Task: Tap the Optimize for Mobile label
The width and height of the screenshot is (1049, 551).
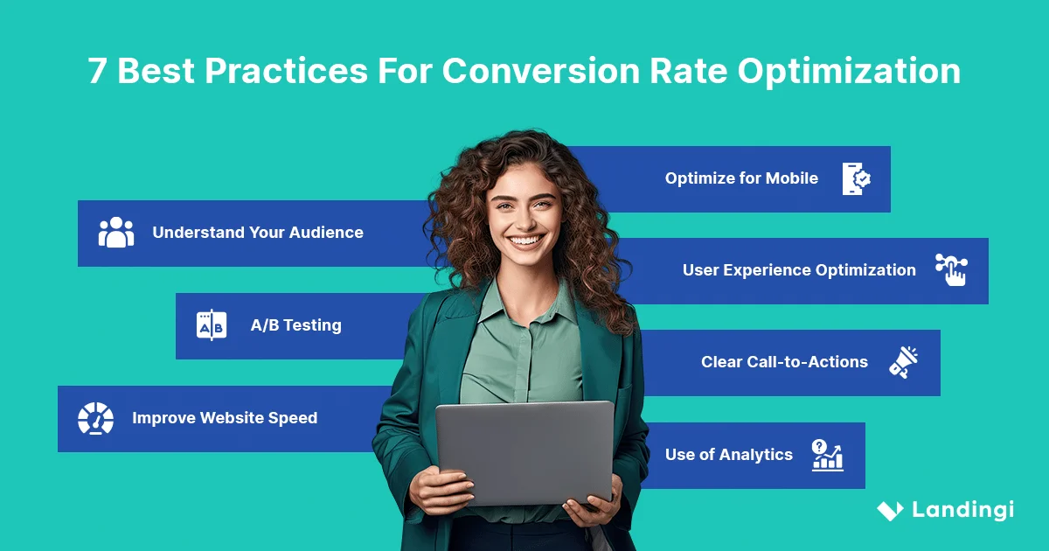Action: [741, 178]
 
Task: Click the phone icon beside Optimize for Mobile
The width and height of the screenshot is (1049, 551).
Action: [856, 178]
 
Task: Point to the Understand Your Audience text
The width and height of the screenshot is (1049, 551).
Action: [258, 233]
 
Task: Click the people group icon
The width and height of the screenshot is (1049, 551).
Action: [116, 233]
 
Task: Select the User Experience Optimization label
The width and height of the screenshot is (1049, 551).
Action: [799, 270]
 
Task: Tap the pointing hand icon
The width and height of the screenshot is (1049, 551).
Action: [951, 270]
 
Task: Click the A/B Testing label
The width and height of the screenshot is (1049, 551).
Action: [295, 325]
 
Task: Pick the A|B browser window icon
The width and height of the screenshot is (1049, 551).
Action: [212, 325]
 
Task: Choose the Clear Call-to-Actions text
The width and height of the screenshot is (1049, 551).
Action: [784, 362]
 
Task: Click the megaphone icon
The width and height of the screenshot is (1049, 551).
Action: [904, 362]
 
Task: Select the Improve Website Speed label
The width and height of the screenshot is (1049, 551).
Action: [225, 418]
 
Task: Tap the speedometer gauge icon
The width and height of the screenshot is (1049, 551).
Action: [95, 419]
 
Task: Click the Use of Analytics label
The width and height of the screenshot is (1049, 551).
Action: [728, 455]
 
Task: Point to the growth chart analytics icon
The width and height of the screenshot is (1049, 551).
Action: [827, 456]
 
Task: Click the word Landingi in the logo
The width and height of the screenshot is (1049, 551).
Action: [962, 510]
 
